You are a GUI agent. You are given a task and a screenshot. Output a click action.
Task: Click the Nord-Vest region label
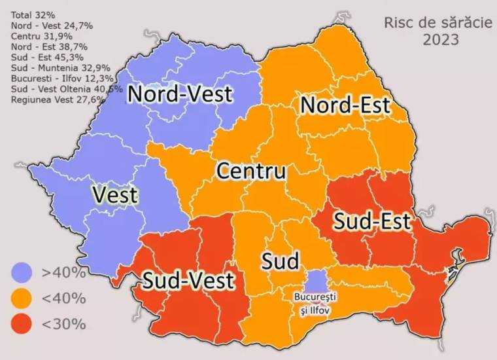pyautogui.click(x=180, y=94)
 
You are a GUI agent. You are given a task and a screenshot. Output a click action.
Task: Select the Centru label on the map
pyautogui.click(x=251, y=172)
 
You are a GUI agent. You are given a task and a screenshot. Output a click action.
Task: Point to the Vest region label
pyautogui.click(x=115, y=195)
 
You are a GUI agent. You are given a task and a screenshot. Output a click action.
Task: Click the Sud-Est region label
pyautogui.click(x=372, y=221)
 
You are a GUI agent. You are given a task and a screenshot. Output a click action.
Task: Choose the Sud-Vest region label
pyautogui.click(x=189, y=281)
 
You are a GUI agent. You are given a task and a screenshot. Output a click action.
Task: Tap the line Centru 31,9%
pyautogui.click(x=41, y=36)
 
